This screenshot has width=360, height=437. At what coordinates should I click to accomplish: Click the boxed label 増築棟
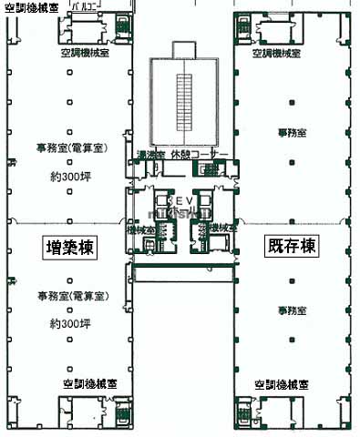click(71, 247)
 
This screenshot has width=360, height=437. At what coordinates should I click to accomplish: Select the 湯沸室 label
click(149, 154)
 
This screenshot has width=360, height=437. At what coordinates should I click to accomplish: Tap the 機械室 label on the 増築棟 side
click(141, 230)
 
